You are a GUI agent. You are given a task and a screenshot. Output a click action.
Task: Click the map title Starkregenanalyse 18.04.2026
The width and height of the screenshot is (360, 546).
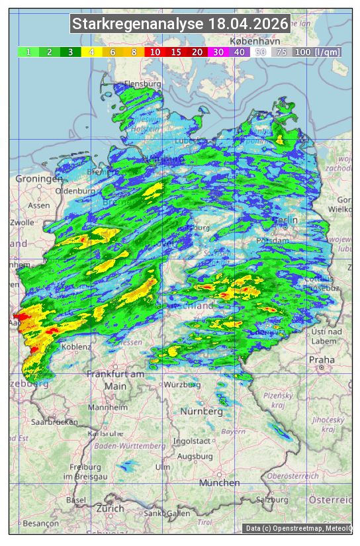pos(180,24)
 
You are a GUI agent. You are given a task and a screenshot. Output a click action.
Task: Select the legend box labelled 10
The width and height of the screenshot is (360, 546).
pos(154,52)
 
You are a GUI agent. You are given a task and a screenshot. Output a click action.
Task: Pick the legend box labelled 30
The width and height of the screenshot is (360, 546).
pos(217,52)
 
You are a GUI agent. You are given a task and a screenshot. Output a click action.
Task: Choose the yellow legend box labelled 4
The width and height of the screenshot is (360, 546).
pos(91,52)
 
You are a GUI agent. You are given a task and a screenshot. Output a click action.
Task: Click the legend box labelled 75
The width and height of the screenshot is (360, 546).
pos(281,52)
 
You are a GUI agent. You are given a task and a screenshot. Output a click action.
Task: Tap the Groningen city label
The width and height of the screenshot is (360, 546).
pos(38,179)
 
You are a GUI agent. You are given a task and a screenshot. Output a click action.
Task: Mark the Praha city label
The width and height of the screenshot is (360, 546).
pos(322,360)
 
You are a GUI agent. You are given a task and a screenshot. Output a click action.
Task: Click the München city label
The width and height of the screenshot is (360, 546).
pos(219,483)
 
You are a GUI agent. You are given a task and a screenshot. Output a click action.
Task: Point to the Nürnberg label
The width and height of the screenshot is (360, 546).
pos(202,412)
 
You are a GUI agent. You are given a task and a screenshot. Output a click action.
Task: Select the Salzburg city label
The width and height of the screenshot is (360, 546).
pos(274,498)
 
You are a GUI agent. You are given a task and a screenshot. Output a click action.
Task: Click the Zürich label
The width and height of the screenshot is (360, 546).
pos(110,508)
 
